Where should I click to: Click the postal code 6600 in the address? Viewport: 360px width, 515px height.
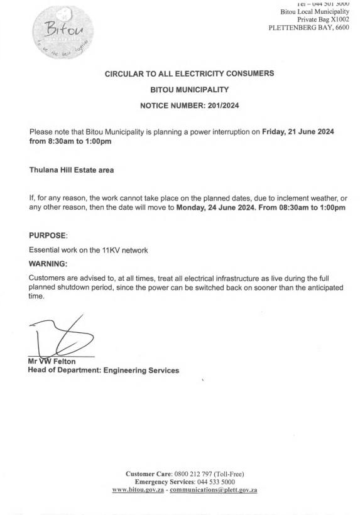339,28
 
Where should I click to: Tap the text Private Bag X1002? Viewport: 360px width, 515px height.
323,20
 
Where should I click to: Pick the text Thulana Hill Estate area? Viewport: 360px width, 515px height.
70,170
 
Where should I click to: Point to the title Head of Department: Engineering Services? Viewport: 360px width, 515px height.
104,371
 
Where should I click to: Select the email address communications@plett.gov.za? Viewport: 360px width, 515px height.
214,489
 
